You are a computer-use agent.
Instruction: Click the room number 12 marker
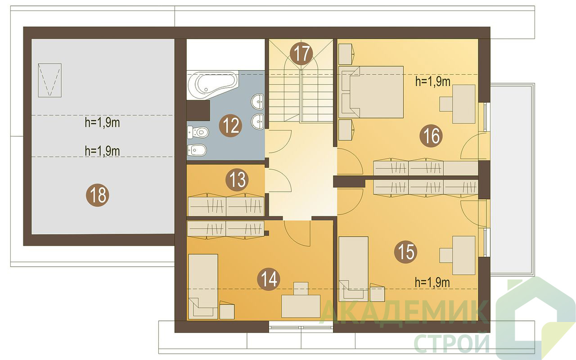click(230, 126)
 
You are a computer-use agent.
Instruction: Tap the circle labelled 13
click(237, 180)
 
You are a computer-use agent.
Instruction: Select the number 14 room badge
click(269, 279)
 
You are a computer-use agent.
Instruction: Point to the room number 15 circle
click(406, 252)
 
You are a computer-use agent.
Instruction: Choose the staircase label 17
click(301, 54)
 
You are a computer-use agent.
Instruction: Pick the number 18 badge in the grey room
click(98, 195)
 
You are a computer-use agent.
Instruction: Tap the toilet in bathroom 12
click(198, 132)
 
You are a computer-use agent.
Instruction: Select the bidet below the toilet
click(197, 150)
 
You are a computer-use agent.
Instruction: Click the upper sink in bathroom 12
click(257, 101)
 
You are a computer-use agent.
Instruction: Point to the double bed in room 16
click(371, 92)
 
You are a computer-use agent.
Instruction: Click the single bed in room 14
click(203, 287)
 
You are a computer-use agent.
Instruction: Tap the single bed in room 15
click(354, 269)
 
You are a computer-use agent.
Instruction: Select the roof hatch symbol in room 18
click(50, 80)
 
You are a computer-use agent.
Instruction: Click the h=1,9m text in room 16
click(433, 81)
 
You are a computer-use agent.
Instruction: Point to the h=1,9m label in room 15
click(432, 282)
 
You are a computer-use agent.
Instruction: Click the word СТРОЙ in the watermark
click(452, 343)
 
